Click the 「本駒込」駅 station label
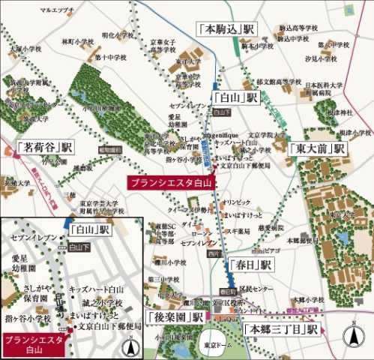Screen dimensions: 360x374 click(x=229, y=28)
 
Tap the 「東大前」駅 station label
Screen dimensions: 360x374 click(x=316, y=148)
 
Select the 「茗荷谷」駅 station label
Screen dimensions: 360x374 click(x=45, y=146)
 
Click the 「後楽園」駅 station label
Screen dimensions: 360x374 click(x=177, y=317)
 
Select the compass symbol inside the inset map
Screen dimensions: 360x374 click(x=130, y=347)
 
